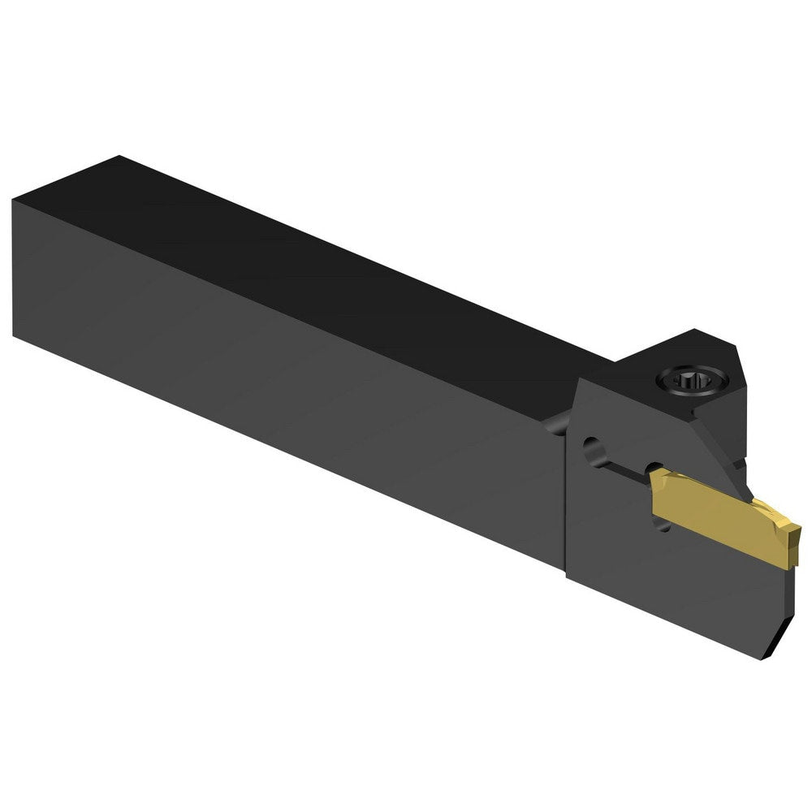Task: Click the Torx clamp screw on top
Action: click(684, 378)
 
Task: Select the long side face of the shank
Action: click(284, 357)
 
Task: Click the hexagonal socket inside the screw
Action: click(684, 379)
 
